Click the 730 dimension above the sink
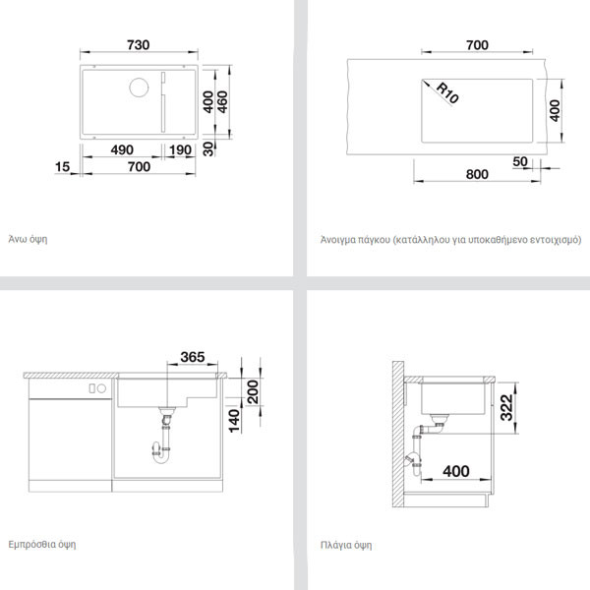coord(139,45)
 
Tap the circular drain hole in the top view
coord(139,88)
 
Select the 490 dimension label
coord(122,149)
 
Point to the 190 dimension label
coord(180,149)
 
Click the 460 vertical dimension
coord(222,102)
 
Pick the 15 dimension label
coord(63,167)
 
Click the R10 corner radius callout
coord(447,93)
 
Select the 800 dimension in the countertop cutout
coord(477,174)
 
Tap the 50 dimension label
coord(520,161)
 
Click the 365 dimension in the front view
coord(193,357)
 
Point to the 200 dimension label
coord(254,391)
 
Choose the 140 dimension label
coord(234,421)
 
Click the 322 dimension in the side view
coord(506,407)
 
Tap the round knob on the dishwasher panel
coord(101,388)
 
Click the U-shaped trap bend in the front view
coord(161,458)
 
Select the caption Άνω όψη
coord(28,239)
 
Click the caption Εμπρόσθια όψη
coord(41,545)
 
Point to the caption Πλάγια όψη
coord(346,545)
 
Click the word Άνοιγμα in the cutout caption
coord(336,240)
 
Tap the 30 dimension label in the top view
coord(208,149)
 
